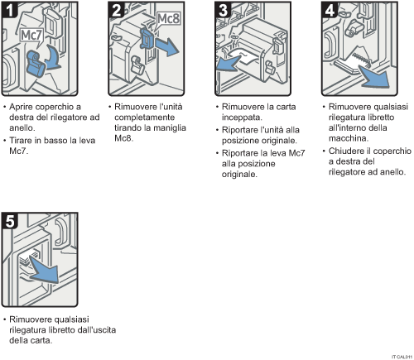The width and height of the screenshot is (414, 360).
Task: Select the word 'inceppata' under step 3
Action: [x=243, y=118]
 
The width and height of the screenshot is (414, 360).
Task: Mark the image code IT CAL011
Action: [x=398, y=355]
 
